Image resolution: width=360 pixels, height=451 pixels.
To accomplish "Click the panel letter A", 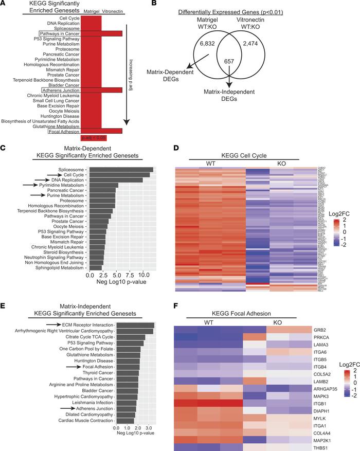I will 5,5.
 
